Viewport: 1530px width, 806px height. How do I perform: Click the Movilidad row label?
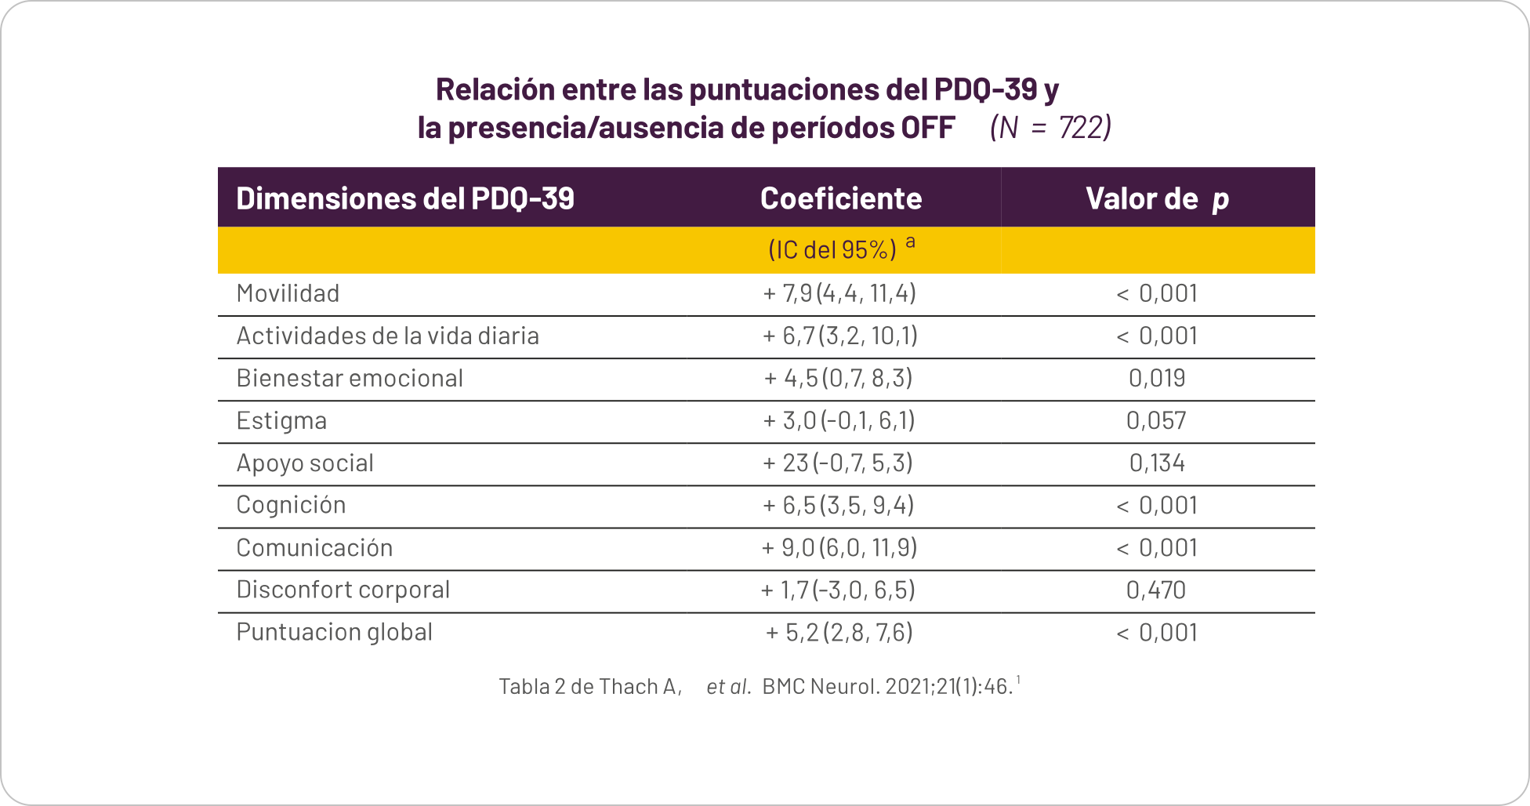tap(288, 294)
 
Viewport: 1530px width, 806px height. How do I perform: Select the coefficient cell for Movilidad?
tap(839, 294)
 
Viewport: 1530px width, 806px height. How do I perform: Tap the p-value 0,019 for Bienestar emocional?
tap(1157, 379)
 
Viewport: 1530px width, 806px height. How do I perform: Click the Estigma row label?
tap(281, 421)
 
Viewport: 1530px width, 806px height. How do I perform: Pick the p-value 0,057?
tap(1157, 421)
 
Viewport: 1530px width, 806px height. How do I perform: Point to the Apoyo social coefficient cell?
tap(838, 463)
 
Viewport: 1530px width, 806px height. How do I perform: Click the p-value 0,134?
tap(1157, 463)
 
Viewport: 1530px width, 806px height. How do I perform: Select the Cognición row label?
tap(291, 506)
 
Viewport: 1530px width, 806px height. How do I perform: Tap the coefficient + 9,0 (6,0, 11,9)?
tap(839, 548)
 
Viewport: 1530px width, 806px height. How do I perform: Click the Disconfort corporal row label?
tap(343, 590)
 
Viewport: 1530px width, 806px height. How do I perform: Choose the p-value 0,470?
tap(1157, 590)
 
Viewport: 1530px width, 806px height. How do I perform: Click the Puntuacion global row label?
tap(335, 633)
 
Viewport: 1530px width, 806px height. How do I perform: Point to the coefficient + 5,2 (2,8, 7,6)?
tap(839, 633)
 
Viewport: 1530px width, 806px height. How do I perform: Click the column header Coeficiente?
tap(841, 199)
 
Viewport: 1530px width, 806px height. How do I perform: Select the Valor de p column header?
tap(1157, 199)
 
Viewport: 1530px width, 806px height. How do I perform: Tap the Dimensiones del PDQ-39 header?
tap(405, 199)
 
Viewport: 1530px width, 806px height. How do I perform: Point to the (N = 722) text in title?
tap(1050, 128)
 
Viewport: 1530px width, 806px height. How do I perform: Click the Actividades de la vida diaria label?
tap(388, 336)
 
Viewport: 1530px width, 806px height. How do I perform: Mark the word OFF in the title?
tap(928, 128)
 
